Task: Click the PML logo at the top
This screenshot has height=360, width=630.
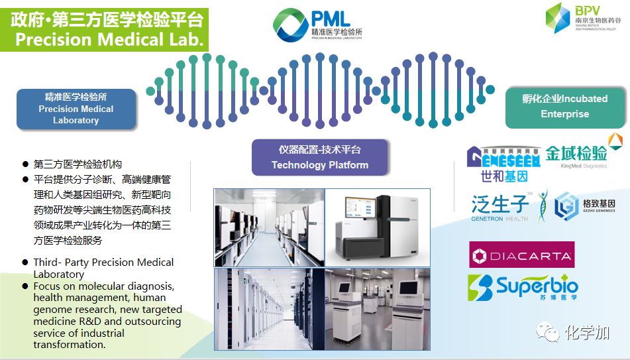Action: click(317, 24)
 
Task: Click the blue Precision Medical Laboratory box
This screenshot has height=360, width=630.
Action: click(76, 109)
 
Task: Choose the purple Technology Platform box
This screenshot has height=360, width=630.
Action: click(319, 157)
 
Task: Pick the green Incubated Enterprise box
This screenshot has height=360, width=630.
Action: click(564, 106)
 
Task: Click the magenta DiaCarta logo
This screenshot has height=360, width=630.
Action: click(521, 255)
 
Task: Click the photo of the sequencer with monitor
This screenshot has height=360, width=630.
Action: click(378, 227)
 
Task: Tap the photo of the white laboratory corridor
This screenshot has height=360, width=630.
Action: click(269, 227)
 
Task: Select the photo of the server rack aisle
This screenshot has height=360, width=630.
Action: click(269, 308)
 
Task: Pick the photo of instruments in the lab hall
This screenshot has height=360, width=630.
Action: click(378, 308)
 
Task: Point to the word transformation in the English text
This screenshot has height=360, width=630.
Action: click(70, 345)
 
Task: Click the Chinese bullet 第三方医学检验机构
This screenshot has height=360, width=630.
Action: click(78, 164)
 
